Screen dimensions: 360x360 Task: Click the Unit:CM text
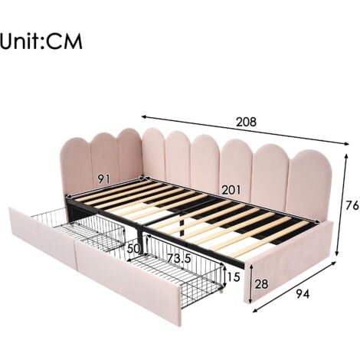point(41,41)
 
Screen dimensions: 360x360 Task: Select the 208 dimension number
point(246,122)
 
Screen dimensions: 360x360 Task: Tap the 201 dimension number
point(231,190)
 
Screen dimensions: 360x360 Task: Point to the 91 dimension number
point(103,179)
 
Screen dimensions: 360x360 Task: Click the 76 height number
point(352,205)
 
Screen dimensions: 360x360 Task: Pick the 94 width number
point(303,294)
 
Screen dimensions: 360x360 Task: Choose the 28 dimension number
point(261,284)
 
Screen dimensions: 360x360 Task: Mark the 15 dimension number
point(234,277)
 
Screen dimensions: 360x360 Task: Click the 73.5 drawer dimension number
point(179,258)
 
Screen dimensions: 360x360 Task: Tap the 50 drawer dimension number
point(134,248)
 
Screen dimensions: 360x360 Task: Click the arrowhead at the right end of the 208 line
point(346,143)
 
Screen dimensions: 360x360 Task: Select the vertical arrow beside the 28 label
point(251,283)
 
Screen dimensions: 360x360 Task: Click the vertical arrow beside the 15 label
point(224,277)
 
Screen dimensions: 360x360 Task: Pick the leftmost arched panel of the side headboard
point(76,166)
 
